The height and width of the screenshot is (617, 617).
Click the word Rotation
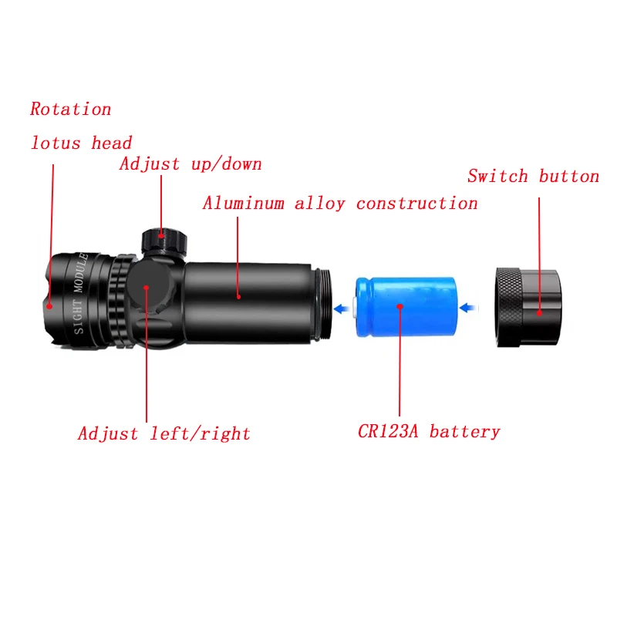[x=71, y=110]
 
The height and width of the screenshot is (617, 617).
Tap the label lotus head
[x=81, y=143]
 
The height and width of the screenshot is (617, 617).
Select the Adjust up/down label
[x=190, y=164]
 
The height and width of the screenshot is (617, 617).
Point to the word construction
[x=416, y=204]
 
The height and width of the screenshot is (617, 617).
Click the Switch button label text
[x=533, y=177]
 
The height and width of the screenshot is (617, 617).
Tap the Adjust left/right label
[x=164, y=434]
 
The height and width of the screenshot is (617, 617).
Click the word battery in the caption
[x=464, y=432]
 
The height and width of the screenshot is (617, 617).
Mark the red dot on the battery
[x=400, y=306]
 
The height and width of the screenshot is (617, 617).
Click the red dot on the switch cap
[x=539, y=313]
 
